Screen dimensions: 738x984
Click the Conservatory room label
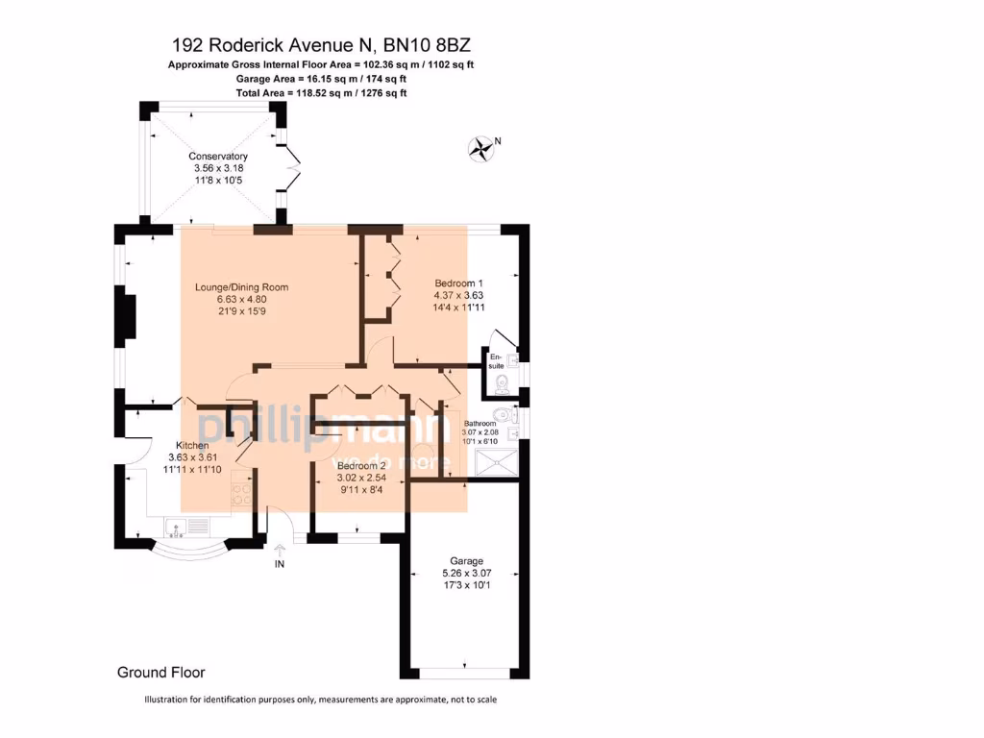click(x=218, y=157)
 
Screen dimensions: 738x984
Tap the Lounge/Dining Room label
click(x=241, y=287)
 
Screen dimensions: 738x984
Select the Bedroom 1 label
click(x=457, y=283)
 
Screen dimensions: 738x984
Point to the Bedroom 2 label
click(x=361, y=465)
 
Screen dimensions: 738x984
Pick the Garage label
click(x=466, y=561)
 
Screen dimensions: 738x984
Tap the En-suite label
click(x=497, y=361)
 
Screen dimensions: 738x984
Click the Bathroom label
click(x=480, y=424)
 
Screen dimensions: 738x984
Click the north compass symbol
click(x=480, y=148)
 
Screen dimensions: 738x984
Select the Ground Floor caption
click(x=160, y=673)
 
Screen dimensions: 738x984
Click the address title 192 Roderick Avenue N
click(x=321, y=45)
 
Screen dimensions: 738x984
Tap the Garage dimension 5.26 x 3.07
click(x=466, y=573)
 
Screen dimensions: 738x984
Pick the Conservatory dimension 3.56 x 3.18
click(x=218, y=168)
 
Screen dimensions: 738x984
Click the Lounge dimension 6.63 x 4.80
click(x=241, y=299)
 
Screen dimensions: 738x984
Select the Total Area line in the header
click(x=321, y=93)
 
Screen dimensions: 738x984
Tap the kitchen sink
click(x=179, y=526)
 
